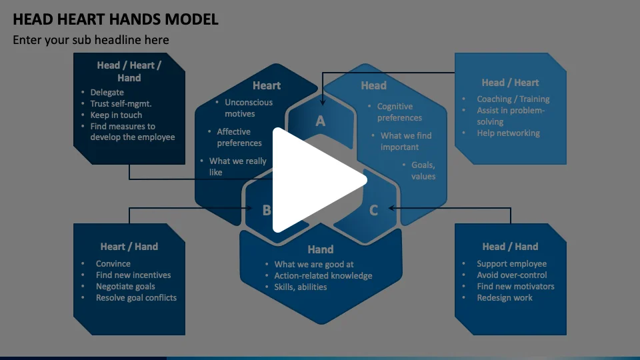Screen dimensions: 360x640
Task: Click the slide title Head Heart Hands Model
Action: click(115, 19)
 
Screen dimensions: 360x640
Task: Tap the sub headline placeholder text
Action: click(91, 40)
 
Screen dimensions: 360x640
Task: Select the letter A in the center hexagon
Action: click(321, 121)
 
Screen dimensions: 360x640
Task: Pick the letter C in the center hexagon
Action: click(373, 210)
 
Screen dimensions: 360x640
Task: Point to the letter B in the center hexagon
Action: click(267, 210)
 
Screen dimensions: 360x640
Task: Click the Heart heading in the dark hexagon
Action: click(266, 85)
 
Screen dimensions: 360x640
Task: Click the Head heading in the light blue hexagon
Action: click(373, 85)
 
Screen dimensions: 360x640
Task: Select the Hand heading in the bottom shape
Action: click(320, 249)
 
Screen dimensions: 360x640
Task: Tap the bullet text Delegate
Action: click(107, 93)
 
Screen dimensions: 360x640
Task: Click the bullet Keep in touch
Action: click(116, 115)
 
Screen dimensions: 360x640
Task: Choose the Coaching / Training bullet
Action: click(513, 99)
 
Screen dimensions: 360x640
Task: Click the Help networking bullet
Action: click(508, 133)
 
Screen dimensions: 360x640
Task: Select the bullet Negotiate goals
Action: click(125, 287)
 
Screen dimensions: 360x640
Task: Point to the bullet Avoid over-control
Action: click(511, 275)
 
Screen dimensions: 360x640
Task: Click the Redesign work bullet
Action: click(504, 298)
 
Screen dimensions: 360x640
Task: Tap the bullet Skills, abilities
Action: click(301, 287)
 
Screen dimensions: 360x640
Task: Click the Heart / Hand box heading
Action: click(129, 247)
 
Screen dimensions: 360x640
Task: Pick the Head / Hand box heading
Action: click(510, 247)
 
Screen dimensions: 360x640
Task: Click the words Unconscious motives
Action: click(248, 108)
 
